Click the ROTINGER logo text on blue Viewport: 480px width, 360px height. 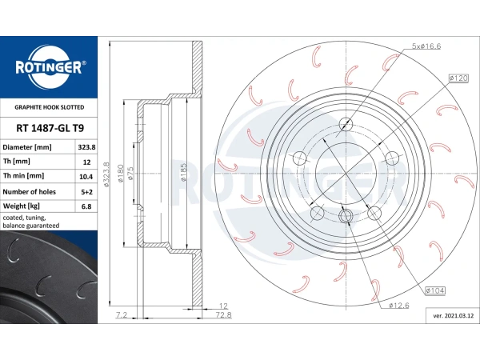[x=49, y=67]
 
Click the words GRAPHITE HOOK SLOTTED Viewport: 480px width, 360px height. [x=50, y=107]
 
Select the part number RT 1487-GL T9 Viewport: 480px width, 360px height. [x=50, y=128]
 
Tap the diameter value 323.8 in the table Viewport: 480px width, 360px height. [x=86, y=147]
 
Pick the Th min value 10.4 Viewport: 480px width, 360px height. [x=86, y=177]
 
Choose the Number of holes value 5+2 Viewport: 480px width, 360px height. [x=86, y=192]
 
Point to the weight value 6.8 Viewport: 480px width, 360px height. [x=86, y=206]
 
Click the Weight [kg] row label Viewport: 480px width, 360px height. [x=21, y=206]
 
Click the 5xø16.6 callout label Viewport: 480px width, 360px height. [x=426, y=46]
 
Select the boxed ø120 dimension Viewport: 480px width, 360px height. [x=458, y=78]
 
